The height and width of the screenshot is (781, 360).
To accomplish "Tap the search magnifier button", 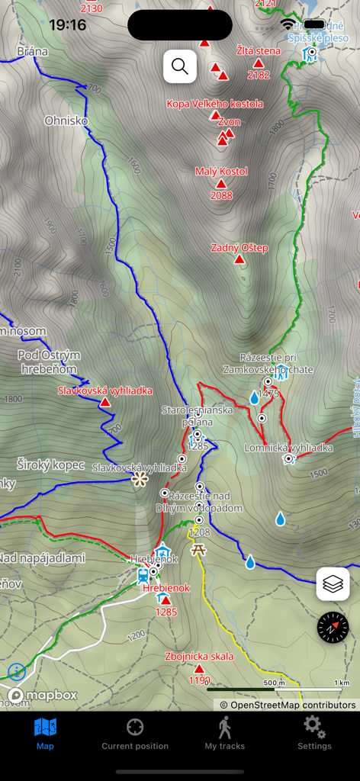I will pos(180,67).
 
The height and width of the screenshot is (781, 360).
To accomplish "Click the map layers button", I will pos(333,584).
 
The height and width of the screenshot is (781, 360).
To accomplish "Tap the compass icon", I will pos(333,627).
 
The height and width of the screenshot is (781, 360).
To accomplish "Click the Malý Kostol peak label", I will pos(221,172).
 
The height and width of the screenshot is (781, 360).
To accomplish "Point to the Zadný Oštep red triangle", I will pos(239,260).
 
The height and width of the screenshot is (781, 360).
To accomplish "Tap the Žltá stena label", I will pos(259,51).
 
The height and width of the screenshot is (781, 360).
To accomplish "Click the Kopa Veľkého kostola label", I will pos(215,104).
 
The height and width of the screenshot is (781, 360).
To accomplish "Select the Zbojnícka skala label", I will pos(199,656).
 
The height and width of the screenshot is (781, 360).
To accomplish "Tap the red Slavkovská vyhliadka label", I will pos(105,390).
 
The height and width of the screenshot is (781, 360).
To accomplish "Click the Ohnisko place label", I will pos(66,121).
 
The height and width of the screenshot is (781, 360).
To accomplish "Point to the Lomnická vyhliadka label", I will pos(288,448).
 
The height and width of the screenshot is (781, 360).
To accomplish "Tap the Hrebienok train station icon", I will pos(143,574).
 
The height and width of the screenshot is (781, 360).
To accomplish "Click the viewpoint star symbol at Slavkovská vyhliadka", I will pos(140,479).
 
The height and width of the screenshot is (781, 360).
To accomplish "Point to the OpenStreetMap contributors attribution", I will pos(288,705).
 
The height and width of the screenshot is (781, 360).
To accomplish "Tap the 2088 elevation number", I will pos(221,196).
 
